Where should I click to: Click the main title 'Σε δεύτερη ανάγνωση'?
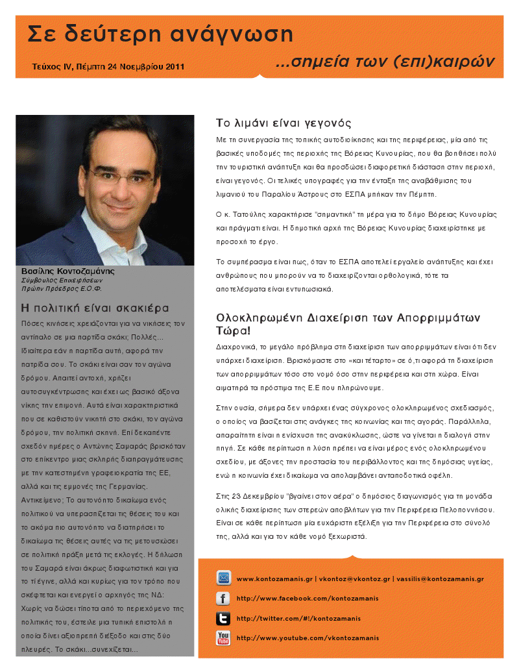pos(160,34)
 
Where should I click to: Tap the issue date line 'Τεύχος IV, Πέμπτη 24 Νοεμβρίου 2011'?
pos(108,66)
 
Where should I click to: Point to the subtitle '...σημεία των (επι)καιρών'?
pos(385,62)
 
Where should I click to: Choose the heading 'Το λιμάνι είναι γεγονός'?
pos(284,123)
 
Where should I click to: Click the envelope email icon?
pos(224,578)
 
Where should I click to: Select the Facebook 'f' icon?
pos(224,598)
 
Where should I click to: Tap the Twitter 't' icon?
pos(224,618)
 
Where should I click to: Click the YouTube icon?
pos(224,638)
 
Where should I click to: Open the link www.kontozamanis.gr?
pos(275,579)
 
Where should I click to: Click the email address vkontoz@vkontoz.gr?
pos(355,579)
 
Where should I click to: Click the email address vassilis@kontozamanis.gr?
pos(440,579)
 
